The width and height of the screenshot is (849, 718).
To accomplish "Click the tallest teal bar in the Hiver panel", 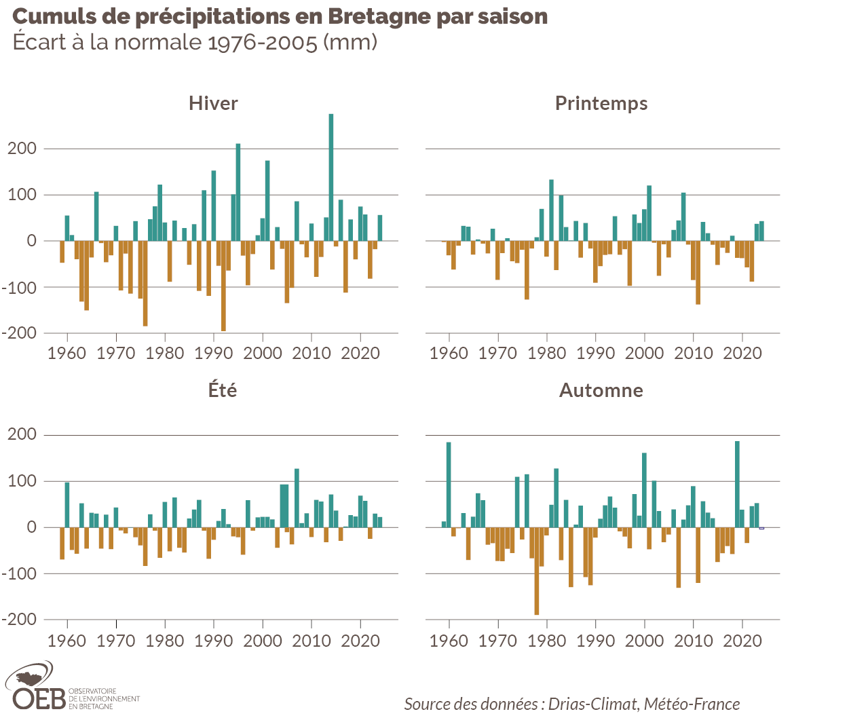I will click(331, 176).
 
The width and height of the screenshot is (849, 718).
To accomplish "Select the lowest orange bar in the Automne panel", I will click(537, 571).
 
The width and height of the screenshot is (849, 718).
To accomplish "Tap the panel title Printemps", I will click(601, 103).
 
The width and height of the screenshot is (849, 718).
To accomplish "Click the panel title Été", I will click(223, 390).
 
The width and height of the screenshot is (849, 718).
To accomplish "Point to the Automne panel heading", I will click(601, 390).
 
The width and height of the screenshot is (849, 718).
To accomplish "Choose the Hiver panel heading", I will click(213, 103).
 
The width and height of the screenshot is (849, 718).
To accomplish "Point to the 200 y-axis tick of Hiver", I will click(22, 149).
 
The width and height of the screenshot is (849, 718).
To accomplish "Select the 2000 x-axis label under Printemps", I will click(644, 353).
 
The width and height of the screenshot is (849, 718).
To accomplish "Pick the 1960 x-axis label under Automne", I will click(449, 641).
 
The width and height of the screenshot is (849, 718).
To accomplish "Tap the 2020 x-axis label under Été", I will click(360, 641).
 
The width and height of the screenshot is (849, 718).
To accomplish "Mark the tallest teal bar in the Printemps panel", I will click(551, 210).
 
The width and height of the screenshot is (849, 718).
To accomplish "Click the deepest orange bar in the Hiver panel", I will click(223, 286).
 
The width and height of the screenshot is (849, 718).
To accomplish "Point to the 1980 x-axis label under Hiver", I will click(164, 353).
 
